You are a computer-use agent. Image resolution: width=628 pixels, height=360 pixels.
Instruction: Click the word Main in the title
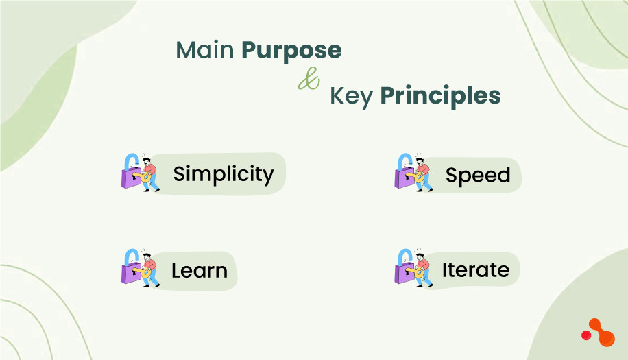(x=205, y=50)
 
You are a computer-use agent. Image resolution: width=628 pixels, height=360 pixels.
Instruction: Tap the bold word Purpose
(x=291, y=51)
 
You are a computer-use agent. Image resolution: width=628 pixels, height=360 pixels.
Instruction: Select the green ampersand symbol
(x=309, y=82)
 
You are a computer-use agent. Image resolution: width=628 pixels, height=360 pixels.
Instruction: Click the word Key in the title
(x=351, y=96)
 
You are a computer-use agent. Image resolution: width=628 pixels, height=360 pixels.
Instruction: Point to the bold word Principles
(x=440, y=97)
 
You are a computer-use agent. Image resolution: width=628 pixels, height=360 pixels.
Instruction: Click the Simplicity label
(x=223, y=174)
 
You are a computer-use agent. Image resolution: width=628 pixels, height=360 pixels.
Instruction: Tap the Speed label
(x=478, y=176)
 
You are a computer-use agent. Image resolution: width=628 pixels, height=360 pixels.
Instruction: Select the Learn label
(x=199, y=271)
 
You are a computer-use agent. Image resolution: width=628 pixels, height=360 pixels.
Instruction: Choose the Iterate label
(x=475, y=270)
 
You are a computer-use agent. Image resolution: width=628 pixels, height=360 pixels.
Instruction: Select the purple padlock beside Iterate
(x=402, y=274)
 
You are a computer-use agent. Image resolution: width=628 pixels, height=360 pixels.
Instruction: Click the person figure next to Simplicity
(x=148, y=173)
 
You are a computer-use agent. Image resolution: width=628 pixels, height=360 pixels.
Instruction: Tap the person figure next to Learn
(x=148, y=268)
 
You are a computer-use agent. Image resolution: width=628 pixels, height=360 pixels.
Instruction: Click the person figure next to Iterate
(x=422, y=268)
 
